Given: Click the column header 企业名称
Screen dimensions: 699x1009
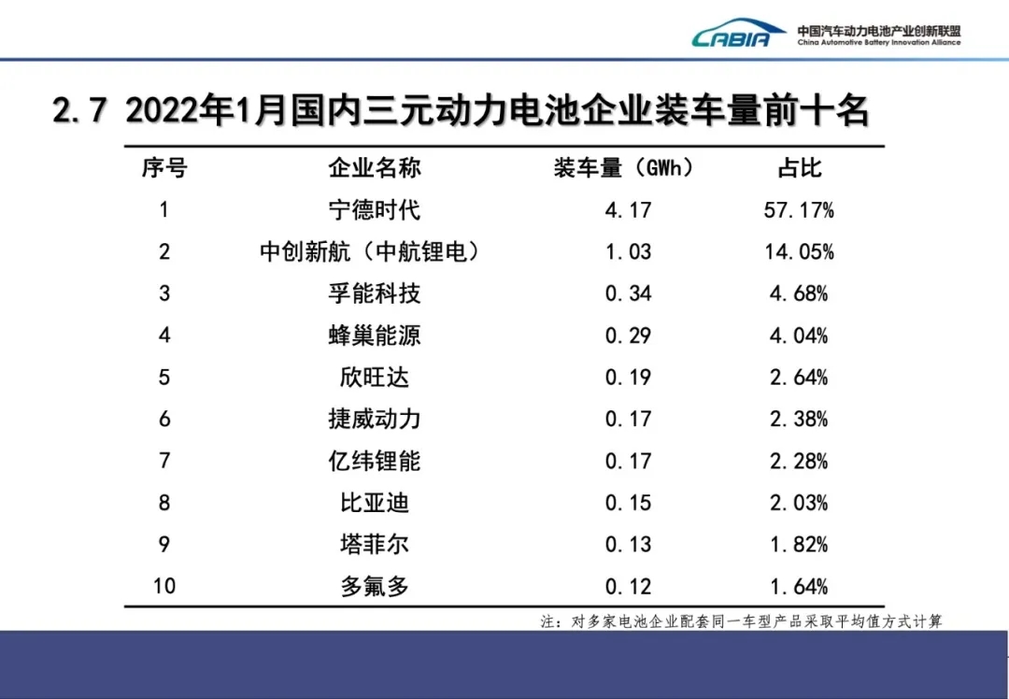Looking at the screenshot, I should click(x=375, y=168).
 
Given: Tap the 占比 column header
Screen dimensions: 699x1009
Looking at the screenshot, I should click(x=800, y=168).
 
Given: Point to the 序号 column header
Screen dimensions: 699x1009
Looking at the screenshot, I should click(x=164, y=168).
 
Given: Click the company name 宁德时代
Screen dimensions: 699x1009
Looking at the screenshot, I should click(x=375, y=209).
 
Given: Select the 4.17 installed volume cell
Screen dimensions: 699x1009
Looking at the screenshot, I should click(x=627, y=209).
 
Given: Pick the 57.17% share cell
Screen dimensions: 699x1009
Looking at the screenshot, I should click(x=800, y=209).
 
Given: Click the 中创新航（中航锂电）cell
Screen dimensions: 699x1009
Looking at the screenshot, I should click(x=375, y=252).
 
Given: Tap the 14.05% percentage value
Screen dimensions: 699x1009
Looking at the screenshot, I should click(x=800, y=252).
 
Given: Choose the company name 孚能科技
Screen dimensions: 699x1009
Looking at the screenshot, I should click(x=375, y=293).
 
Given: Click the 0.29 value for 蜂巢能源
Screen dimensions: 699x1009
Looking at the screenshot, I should click(x=627, y=335).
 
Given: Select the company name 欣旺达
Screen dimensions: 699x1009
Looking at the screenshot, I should click(x=375, y=378).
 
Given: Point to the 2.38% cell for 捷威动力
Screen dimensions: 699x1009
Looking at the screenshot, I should click(x=800, y=420).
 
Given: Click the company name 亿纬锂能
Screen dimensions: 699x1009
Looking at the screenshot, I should click(x=375, y=461).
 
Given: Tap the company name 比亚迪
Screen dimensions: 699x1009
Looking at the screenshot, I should click(x=375, y=503).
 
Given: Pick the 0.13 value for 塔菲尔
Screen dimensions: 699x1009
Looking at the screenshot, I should click(x=627, y=545).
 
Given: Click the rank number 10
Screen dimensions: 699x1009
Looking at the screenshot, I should click(x=164, y=587).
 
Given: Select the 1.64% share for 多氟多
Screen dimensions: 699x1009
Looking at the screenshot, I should click(x=800, y=587).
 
